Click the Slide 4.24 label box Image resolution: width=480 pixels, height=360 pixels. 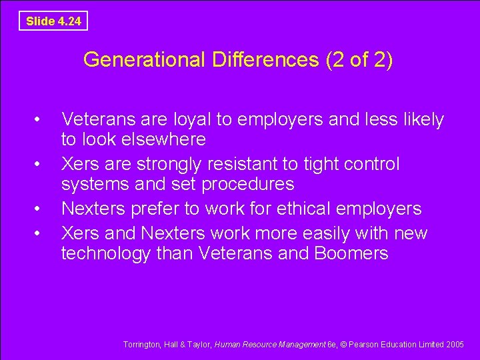point(53,21)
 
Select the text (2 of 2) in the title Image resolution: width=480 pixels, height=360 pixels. point(359,60)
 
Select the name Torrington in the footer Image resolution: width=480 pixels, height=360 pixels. point(142,345)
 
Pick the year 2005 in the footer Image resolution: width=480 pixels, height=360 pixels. point(455,345)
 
